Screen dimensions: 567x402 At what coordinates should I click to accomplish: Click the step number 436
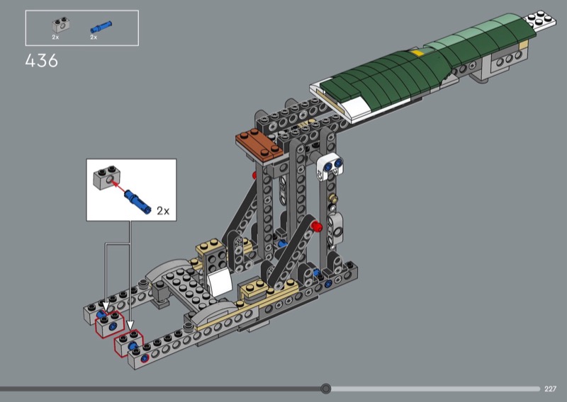[x=42, y=61]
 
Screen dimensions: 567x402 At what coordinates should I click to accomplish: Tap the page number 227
[x=550, y=389]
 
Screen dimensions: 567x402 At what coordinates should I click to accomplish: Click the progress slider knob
[x=326, y=389]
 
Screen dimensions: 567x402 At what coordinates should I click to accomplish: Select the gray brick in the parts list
[x=61, y=25]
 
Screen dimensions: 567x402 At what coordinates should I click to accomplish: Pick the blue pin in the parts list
[x=101, y=27]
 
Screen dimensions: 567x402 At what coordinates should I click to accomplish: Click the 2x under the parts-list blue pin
[x=94, y=38]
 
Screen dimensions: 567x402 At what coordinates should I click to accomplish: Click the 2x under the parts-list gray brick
[x=55, y=38]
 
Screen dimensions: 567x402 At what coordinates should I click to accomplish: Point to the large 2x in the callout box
[x=163, y=211]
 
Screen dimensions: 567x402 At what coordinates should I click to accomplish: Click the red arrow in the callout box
[x=118, y=187]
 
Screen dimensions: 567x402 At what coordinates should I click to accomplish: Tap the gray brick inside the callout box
[x=107, y=178]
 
